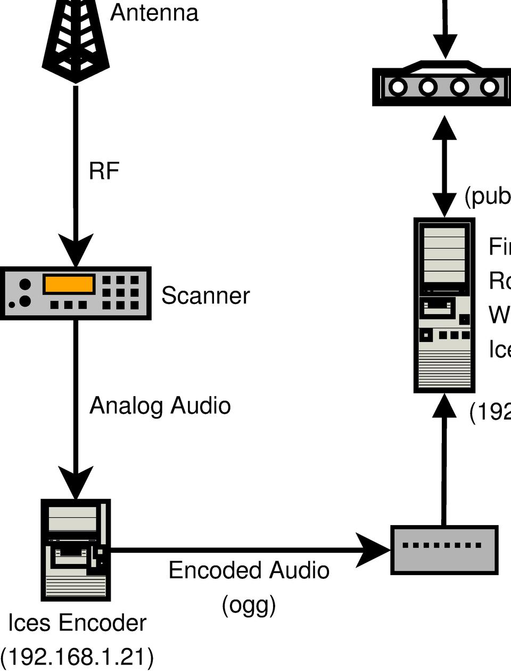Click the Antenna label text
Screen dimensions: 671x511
pyautogui.click(x=154, y=13)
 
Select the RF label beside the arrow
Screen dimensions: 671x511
pyautogui.click(x=104, y=171)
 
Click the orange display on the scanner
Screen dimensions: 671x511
pyautogui.click(x=69, y=284)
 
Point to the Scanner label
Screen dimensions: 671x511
pyautogui.click(x=205, y=296)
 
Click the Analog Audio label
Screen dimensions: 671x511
pyautogui.click(x=160, y=406)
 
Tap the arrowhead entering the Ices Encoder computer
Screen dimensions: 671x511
pyautogui.click(x=76, y=482)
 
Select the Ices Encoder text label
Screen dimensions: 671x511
pyautogui.click(x=77, y=623)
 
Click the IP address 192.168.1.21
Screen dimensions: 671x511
pyautogui.click(x=77, y=657)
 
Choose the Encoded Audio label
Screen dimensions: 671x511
pyautogui.click(x=249, y=570)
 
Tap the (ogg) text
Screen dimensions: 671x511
pyautogui.click(x=249, y=604)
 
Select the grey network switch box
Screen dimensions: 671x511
pyautogui.click(x=444, y=550)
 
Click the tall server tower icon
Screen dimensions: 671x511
pyautogui.click(x=444, y=305)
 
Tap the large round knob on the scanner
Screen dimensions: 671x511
pyautogui.click(x=24, y=301)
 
